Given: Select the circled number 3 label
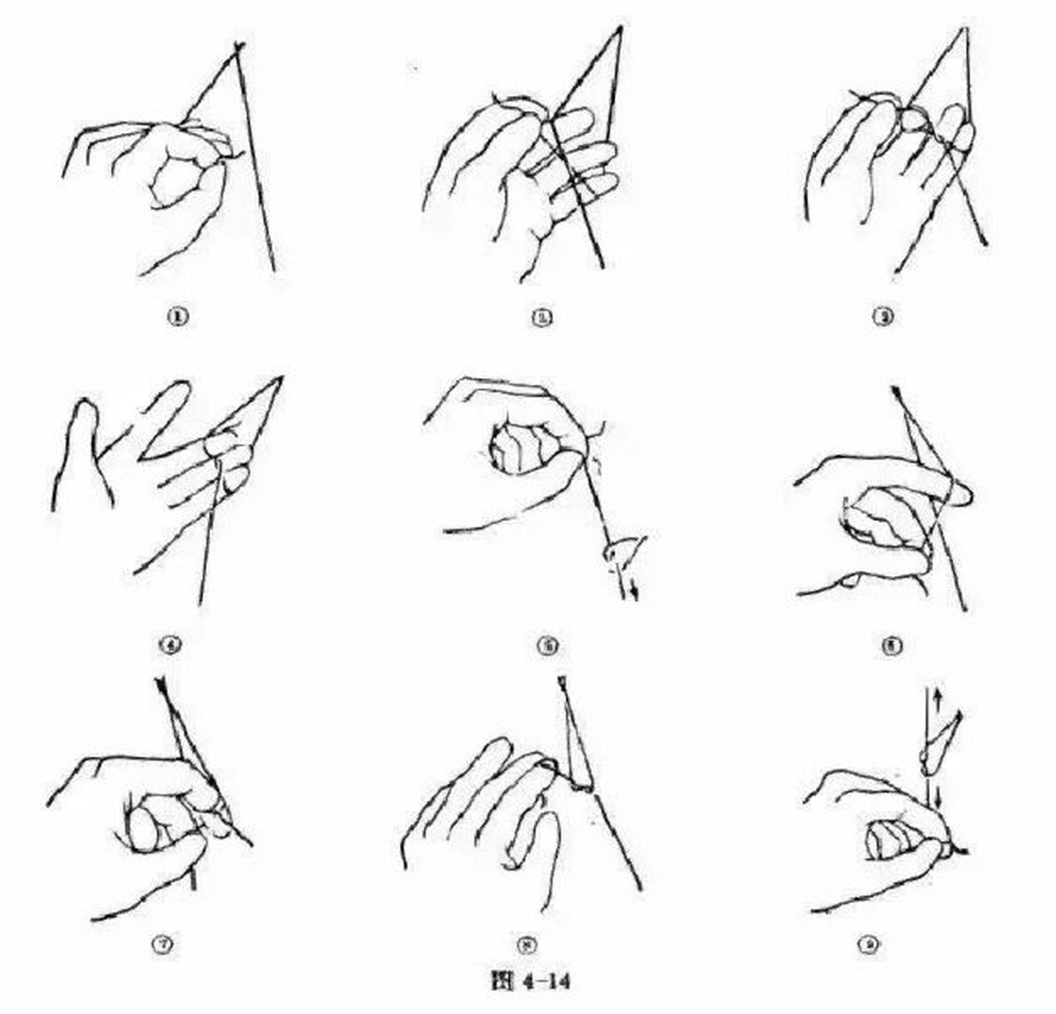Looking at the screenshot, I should point(884,318).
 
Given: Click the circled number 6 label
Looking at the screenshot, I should point(893,645).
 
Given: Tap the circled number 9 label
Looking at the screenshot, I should point(870,944).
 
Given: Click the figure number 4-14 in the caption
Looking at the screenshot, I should point(543,982).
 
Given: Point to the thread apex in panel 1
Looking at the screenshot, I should point(238,49).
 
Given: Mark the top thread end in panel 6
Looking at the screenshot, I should point(897,391).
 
